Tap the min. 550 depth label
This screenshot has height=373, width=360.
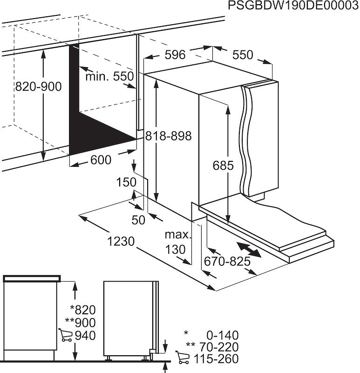109,76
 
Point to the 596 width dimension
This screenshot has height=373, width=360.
175,55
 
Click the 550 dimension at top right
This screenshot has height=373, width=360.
243,55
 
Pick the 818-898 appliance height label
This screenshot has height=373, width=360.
169,136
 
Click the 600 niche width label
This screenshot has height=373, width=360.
101,160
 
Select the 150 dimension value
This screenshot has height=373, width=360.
126,182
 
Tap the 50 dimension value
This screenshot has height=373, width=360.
138,220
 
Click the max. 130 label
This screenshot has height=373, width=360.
177,242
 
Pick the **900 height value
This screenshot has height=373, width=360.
80,323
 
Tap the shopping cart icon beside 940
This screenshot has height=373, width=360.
65,335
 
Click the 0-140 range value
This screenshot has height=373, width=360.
222,335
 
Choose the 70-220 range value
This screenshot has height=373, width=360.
219,347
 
